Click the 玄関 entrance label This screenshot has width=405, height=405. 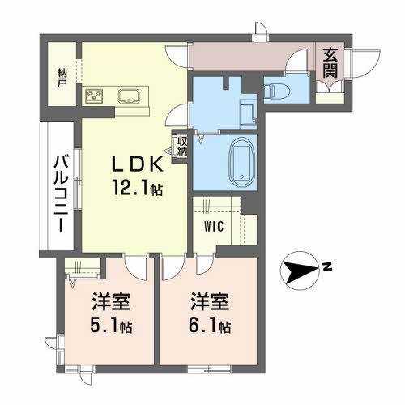pos(332,62)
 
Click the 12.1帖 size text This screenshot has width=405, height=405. pos(139,189)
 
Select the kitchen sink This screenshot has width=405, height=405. pos(130,96)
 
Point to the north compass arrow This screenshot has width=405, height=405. pos(301,270)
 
